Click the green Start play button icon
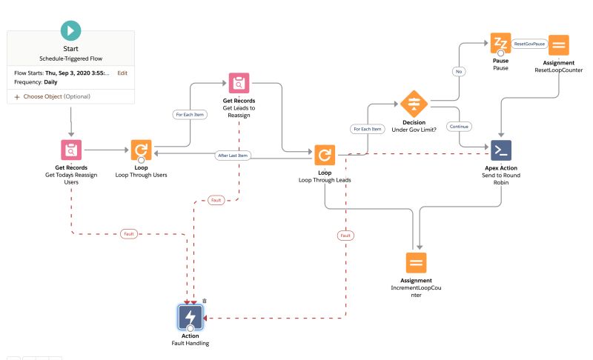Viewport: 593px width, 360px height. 70,32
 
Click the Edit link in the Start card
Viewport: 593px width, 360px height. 122,73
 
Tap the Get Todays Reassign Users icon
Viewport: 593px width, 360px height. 70,150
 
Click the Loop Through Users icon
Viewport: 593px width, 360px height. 141,150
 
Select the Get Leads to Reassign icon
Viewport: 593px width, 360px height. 239,84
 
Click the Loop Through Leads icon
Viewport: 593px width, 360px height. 324,155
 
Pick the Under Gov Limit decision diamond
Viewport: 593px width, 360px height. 414,103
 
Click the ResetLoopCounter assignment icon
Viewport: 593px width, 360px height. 560,46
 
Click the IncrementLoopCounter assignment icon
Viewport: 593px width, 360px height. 416,262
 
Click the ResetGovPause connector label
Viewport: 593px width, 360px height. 529,44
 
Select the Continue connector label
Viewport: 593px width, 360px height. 460,126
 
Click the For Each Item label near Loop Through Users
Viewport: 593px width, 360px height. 191,115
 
